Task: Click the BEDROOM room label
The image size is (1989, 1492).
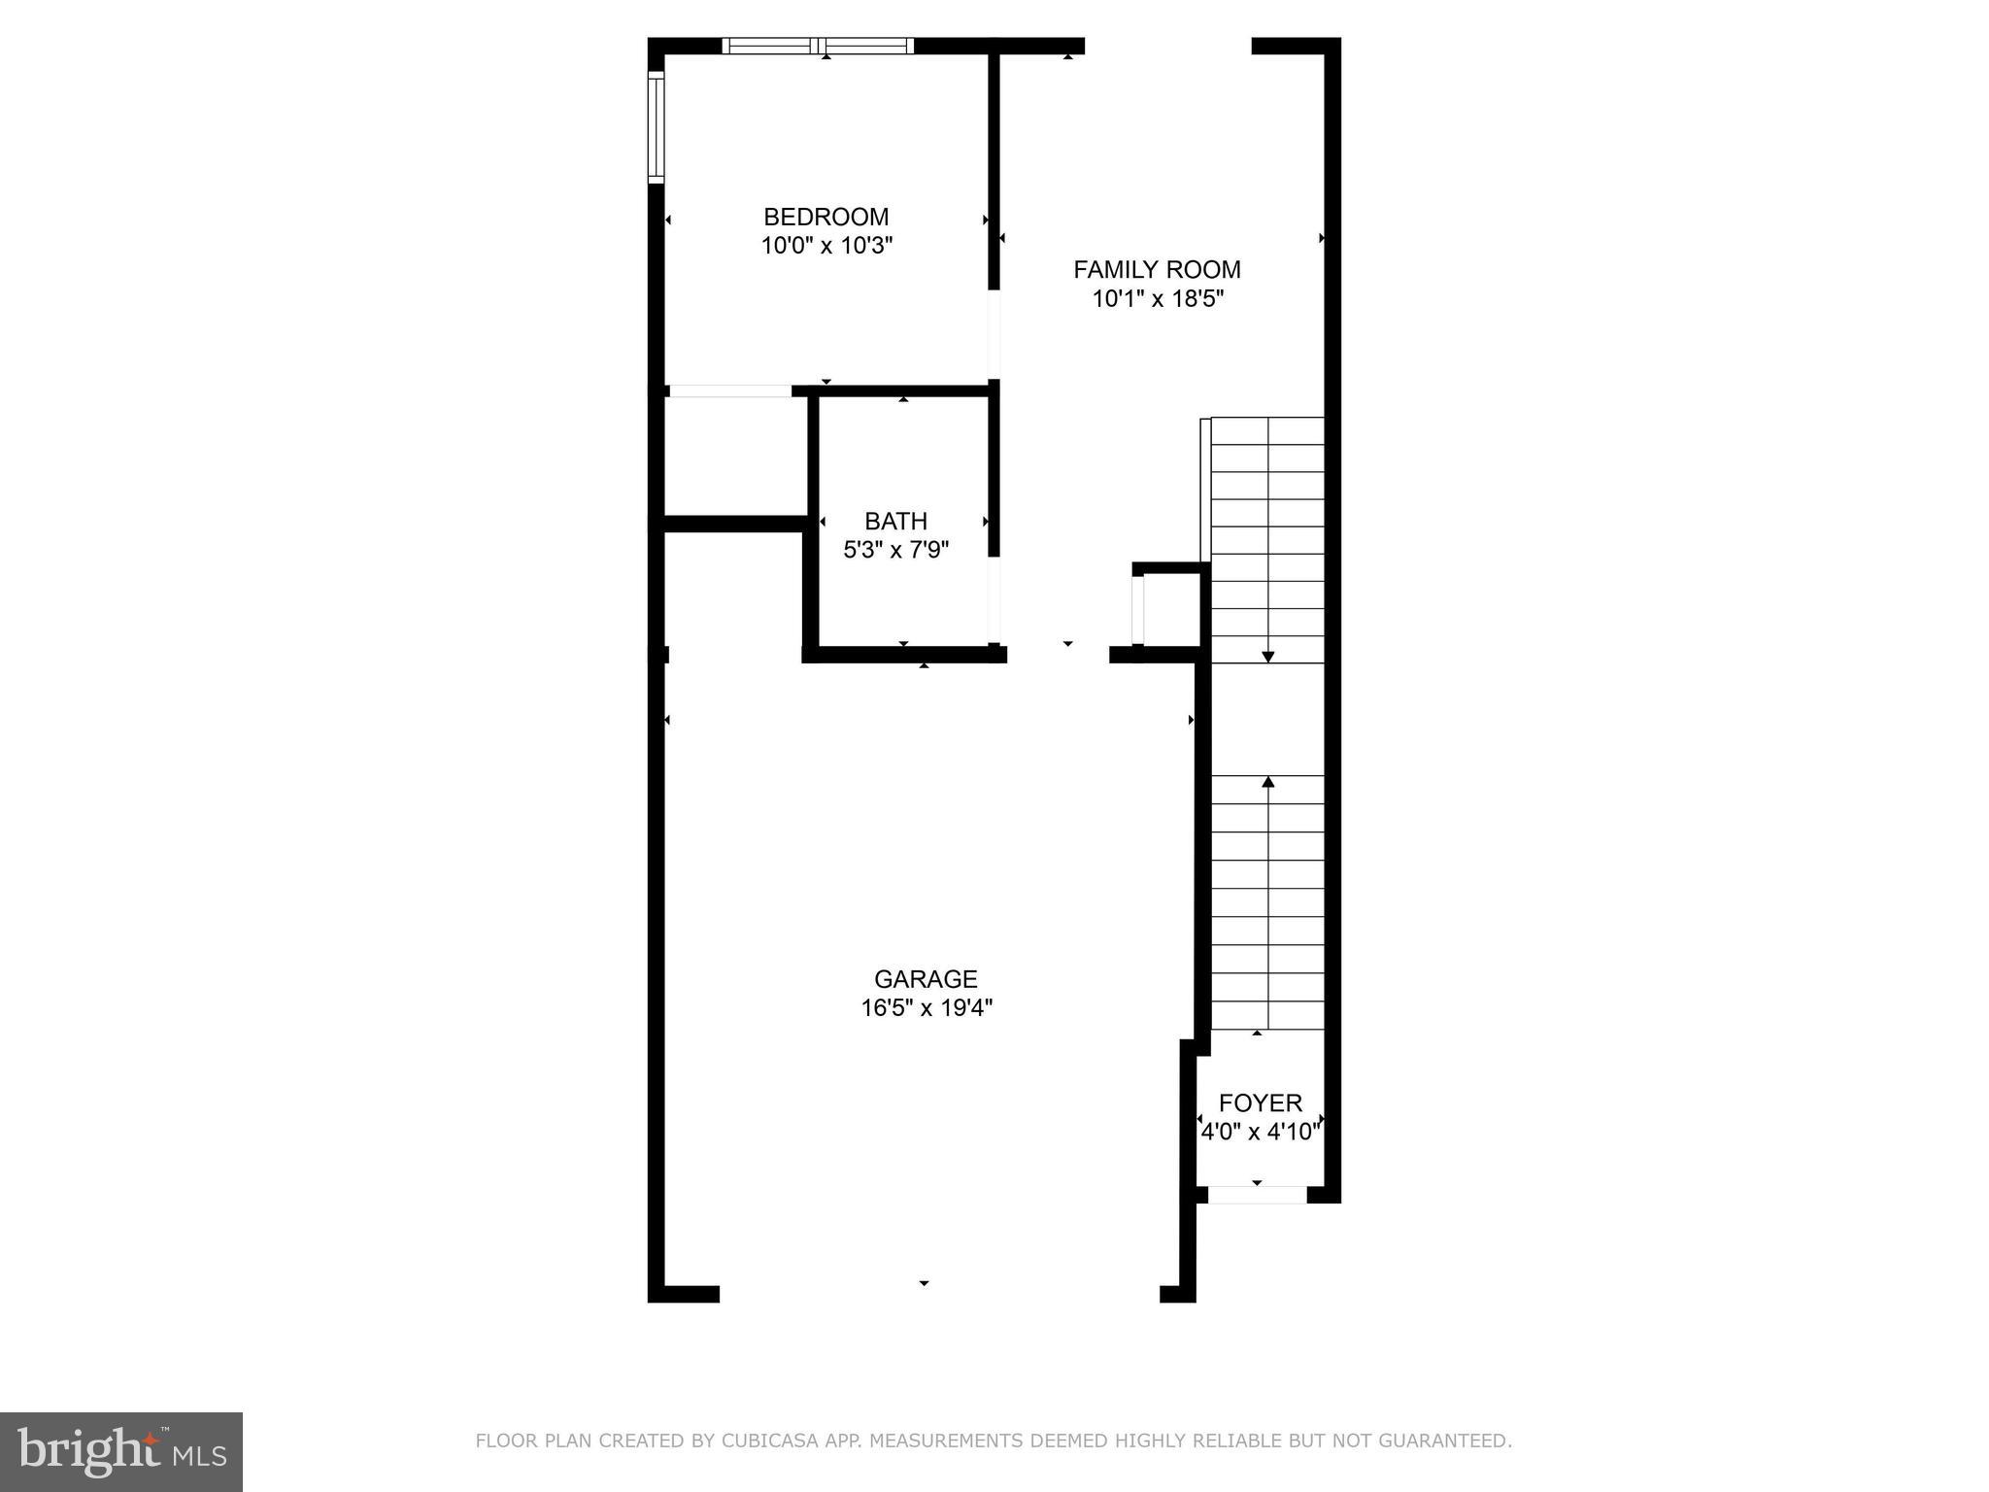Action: tap(826, 217)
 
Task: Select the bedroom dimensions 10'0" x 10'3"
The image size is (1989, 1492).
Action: tap(826, 246)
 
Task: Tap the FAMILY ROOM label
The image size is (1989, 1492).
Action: tap(1157, 269)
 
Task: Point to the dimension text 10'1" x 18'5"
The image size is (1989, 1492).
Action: tap(1157, 298)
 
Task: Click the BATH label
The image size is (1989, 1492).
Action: tap(895, 521)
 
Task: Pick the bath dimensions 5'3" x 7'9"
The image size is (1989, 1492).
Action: tap(895, 550)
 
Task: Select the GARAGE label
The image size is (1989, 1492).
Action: tap(926, 979)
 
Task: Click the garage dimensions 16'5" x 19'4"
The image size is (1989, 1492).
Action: tap(926, 1008)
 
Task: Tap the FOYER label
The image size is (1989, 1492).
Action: tap(1260, 1102)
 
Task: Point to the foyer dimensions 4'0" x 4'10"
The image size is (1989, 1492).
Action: tap(1260, 1132)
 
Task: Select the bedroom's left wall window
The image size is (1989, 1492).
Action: tap(657, 126)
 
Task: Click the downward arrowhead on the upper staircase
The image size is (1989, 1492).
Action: tap(1267, 658)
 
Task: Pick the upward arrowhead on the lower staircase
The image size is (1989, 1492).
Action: tap(1267, 781)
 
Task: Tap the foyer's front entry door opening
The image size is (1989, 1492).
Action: tap(1257, 1195)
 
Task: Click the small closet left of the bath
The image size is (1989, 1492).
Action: tap(735, 456)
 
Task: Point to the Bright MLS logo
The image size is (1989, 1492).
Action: tap(121, 1451)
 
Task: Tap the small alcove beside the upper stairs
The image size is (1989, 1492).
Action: tap(1170, 609)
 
